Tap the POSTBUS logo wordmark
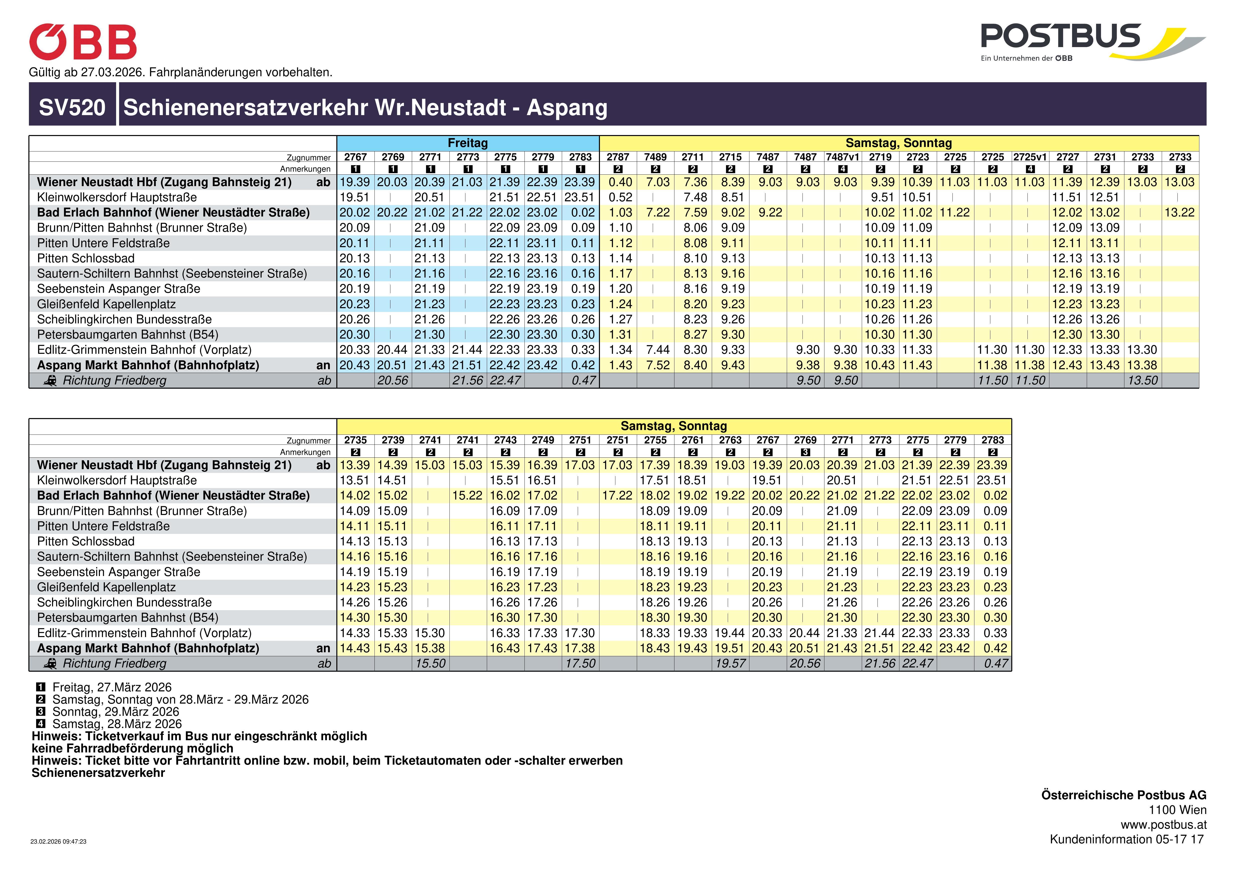[x=1061, y=37]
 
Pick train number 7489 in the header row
[x=655, y=157]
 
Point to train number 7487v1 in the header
[x=843, y=157]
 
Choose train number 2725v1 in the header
[x=1030, y=157]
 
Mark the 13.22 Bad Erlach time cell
[x=1179, y=213]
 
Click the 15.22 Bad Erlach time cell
[x=467, y=496]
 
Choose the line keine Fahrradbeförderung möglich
[x=133, y=749]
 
